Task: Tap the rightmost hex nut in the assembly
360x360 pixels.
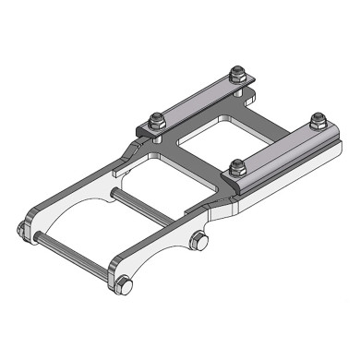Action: click(x=318, y=119)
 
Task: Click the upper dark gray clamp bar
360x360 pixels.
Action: click(x=198, y=97)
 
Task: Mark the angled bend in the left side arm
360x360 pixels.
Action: click(x=129, y=148)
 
